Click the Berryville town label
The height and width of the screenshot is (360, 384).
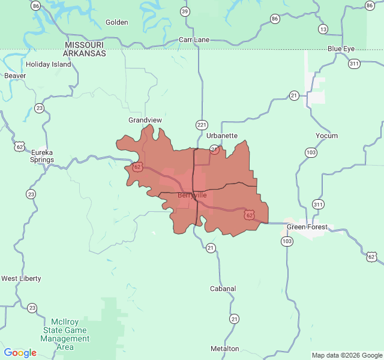(192, 195)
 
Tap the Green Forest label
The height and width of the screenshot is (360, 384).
(307, 227)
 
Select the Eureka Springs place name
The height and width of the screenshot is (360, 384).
(43, 156)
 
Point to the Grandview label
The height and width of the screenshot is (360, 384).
(145, 120)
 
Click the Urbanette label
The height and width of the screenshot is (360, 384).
(222, 136)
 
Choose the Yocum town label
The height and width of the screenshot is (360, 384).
(327, 136)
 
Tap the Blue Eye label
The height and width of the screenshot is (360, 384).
(341, 48)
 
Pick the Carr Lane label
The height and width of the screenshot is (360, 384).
(194, 40)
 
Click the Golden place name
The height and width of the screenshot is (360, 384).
(117, 22)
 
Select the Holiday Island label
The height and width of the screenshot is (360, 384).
(49, 64)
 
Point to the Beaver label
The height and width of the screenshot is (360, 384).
(15, 76)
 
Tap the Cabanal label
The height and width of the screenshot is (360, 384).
(223, 289)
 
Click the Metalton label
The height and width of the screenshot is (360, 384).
(225, 349)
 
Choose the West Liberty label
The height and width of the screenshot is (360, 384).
(21, 278)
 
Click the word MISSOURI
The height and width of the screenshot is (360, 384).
(85, 45)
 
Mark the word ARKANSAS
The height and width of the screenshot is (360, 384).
(85, 53)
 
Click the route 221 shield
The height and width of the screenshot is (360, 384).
(202, 125)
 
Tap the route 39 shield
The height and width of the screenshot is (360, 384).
(185, 11)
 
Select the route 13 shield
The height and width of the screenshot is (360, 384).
(323, 29)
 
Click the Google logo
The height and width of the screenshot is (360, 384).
(20, 353)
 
